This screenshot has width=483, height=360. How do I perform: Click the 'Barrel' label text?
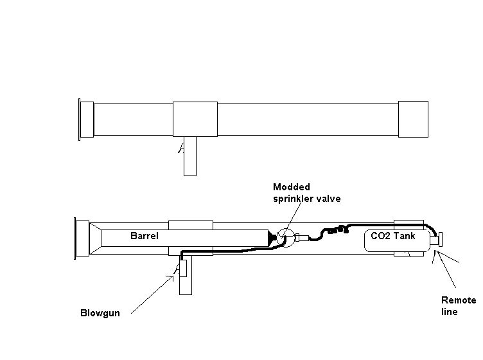pyautogui.click(x=144, y=237)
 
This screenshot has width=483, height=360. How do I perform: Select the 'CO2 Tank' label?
pyautogui.click(x=393, y=236)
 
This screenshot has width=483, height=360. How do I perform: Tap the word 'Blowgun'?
pyautogui.click(x=100, y=314)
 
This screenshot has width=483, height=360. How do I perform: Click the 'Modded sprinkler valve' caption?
pyautogui.click(x=306, y=193)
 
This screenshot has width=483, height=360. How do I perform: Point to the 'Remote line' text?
pyautogui.click(x=458, y=306)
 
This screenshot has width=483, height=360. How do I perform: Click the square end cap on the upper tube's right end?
pyautogui.click(x=412, y=119)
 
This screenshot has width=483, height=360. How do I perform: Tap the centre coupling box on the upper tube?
pyautogui.click(x=195, y=119)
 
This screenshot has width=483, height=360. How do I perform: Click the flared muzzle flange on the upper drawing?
pyautogui.click(x=80, y=120)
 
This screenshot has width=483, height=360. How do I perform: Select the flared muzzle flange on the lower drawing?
pyautogui.click(x=82, y=238)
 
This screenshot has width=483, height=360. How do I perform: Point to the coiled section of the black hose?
pyautogui.click(x=338, y=229)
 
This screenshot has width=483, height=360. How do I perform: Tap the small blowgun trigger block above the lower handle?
pyautogui.click(x=182, y=268)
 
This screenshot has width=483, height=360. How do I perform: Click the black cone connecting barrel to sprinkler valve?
pyautogui.click(x=274, y=238)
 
